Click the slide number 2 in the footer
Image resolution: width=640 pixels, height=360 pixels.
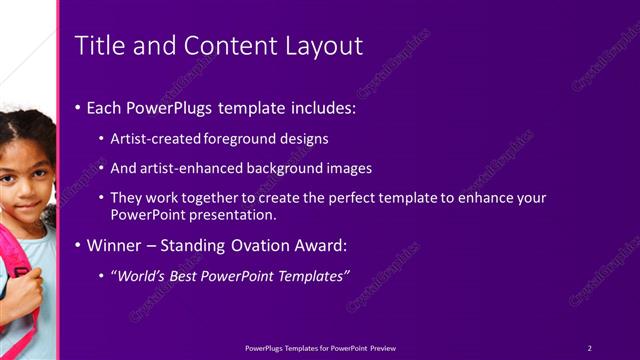pos(589,348)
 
